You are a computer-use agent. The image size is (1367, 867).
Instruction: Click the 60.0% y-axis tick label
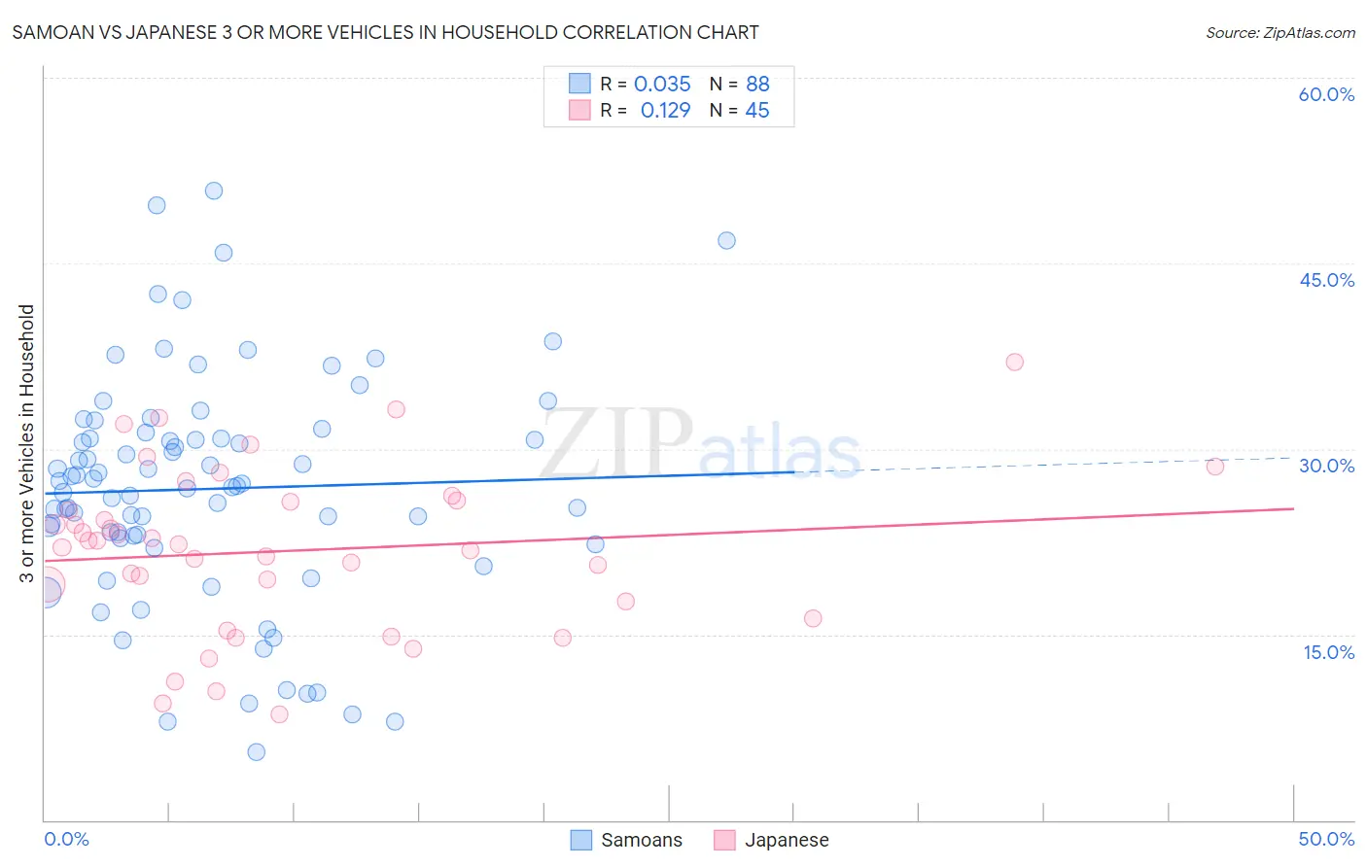tap(1326, 94)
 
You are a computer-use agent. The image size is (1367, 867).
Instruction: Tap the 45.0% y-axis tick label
tap(1326, 280)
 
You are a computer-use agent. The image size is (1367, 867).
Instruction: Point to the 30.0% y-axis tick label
tap(1326, 466)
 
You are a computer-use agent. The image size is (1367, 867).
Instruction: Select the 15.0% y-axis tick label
tap(1328, 652)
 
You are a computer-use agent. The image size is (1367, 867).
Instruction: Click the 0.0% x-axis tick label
tap(66, 839)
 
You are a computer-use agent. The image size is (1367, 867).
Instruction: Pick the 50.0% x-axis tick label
tap(1326, 839)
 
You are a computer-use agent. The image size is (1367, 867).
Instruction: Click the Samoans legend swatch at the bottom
tap(581, 840)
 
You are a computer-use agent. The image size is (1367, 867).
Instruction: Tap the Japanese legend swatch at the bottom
tap(724, 840)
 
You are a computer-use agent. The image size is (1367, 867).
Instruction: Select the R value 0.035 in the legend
tap(662, 84)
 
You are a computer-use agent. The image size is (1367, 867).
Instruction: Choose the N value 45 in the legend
tap(756, 111)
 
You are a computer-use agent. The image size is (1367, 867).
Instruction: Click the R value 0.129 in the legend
tap(665, 111)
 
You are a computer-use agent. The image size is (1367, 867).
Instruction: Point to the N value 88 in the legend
tap(757, 84)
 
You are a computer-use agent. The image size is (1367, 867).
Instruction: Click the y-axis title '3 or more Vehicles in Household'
tap(26, 443)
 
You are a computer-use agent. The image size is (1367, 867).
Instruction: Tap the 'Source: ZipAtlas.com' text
tap(1279, 32)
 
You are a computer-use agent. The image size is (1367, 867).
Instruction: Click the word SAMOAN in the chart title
tap(49, 32)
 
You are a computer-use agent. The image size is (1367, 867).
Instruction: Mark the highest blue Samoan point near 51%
tap(214, 191)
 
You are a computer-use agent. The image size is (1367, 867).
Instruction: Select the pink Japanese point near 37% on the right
tap(1014, 362)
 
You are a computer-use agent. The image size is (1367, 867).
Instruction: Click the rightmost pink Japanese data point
tap(1214, 467)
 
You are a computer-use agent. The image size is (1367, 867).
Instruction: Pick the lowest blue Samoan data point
tap(256, 751)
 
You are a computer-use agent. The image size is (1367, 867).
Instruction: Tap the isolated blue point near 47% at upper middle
tap(726, 240)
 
